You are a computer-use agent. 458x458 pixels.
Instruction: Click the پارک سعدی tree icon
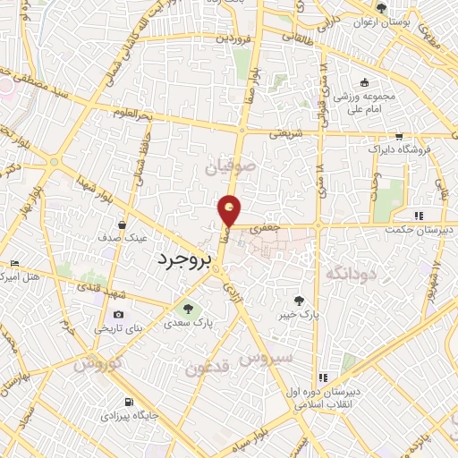187,309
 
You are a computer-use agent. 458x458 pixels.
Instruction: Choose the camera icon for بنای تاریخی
119,315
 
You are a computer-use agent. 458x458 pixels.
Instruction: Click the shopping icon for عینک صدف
121,225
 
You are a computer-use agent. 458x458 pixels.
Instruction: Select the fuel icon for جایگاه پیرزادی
131,402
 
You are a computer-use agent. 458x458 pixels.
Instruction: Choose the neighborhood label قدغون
211,367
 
